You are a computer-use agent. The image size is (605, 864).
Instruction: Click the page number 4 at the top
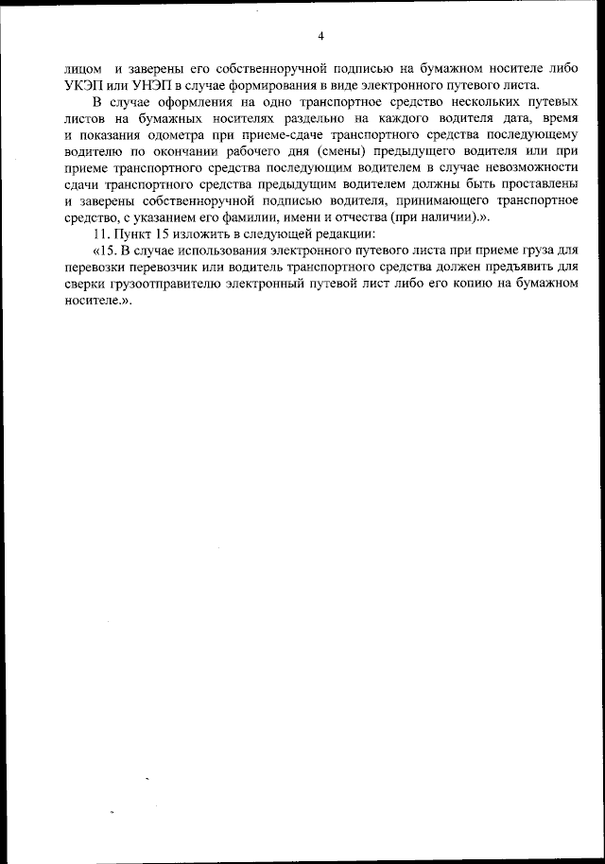point(320,37)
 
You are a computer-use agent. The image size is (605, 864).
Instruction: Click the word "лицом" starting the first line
point(82,69)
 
